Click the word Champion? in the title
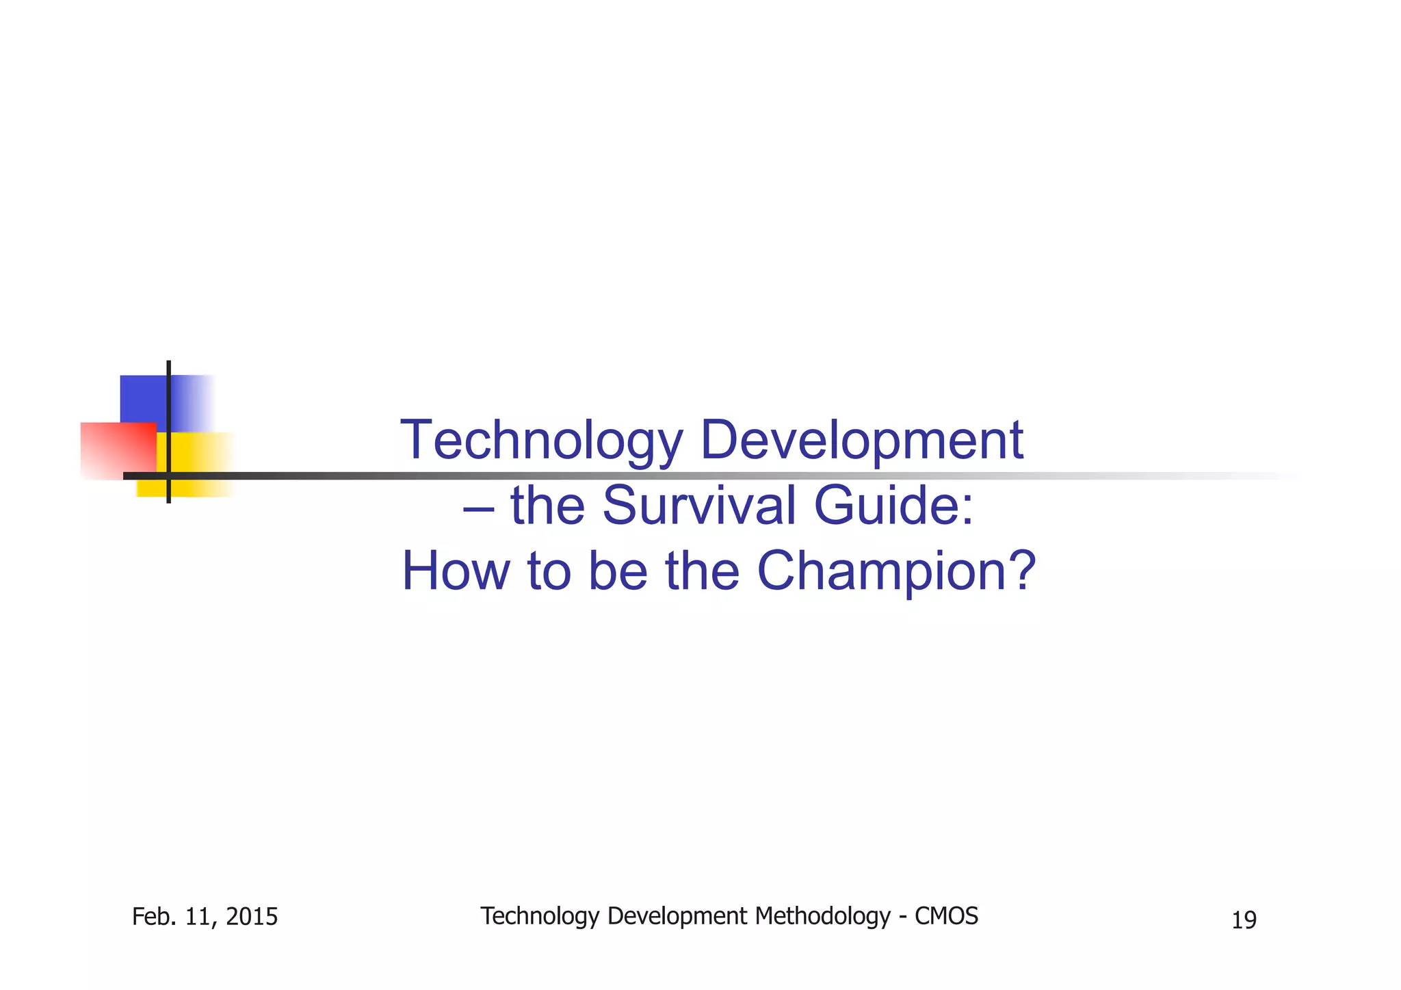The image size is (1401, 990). (897, 571)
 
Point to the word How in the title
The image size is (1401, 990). (455, 571)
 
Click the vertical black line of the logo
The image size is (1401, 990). (168, 383)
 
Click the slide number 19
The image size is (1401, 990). (1244, 920)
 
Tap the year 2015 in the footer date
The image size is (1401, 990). (251, 917)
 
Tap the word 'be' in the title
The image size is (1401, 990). (617, 571)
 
